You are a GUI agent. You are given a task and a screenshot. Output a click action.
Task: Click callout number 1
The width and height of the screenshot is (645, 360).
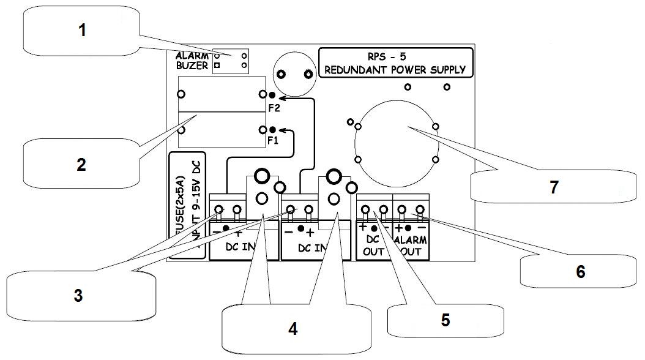81,31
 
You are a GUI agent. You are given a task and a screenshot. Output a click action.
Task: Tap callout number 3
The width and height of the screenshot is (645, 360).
78,296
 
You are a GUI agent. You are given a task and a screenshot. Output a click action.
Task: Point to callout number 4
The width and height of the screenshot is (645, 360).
293,328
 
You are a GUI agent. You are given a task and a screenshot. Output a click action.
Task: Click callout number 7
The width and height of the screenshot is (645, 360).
553,187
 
